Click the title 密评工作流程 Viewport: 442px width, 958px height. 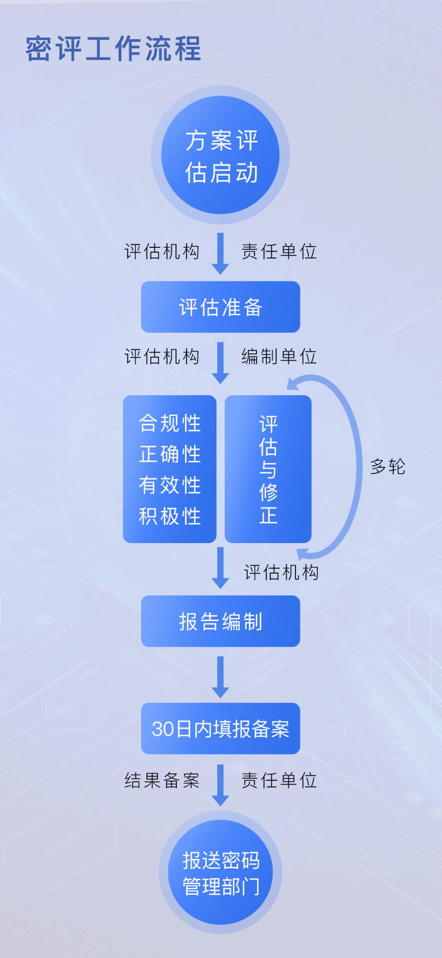click(113, 49)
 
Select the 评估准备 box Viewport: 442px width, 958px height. click(221, 307)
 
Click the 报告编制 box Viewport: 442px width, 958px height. click(221, 621)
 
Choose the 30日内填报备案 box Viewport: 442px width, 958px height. click(221, 729)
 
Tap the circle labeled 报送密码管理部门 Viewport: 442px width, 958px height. click(221, 872)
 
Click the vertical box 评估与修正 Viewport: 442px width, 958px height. click(268, 469)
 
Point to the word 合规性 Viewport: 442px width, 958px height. click(169, 423)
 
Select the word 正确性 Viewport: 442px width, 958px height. click(169, 454)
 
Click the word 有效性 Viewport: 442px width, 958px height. click(169, 485)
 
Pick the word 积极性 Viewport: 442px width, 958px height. click(169, 516)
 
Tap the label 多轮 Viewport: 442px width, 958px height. click(388, 467)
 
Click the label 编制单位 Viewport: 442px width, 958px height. click(279, 356)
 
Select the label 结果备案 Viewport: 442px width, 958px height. click(162, 780)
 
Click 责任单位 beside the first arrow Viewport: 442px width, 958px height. click(279, 251)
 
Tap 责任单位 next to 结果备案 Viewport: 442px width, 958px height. click(279, 780)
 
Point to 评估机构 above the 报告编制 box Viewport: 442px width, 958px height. click(281, 572)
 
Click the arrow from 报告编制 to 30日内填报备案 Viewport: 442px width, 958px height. click(221, 677)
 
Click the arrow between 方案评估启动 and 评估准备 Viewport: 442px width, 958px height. click(221, 253)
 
